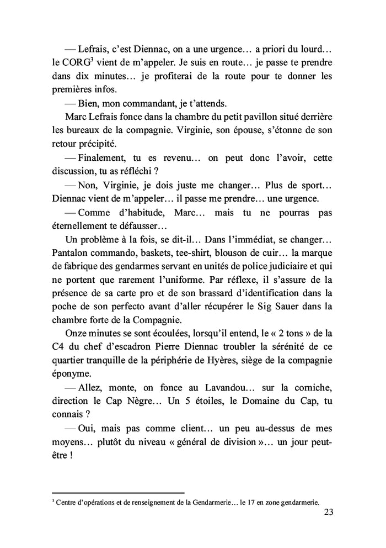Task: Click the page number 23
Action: click(326, 513)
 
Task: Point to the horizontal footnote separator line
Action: click(118, 493)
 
